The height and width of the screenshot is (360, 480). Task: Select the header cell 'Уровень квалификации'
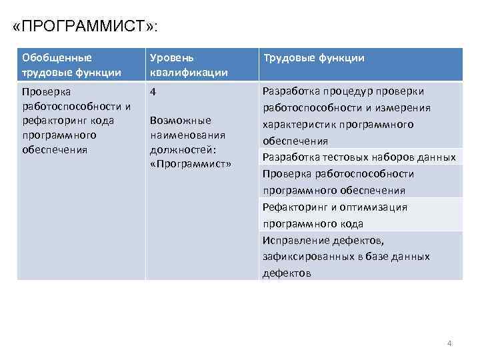coord(201,65)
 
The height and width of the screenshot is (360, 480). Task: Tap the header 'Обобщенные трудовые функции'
coord(80,65)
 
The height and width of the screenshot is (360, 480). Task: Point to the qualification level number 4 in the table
coord(153,92)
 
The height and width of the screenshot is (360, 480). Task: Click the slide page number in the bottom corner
coord(449,343)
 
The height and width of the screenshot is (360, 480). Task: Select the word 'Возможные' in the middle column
coord(181,121)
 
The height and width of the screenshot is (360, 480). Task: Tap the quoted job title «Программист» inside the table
coord(191,164)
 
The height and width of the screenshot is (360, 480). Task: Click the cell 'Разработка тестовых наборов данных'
coord(359,157)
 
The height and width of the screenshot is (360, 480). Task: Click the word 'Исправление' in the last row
coord(293,240)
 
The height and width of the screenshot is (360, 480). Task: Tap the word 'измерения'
coord(408,108)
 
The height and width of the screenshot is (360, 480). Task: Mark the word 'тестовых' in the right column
coord(341,157)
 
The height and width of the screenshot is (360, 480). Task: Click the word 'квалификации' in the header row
coord(189,72)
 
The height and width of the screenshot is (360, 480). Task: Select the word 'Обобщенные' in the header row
coord(57,57)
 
